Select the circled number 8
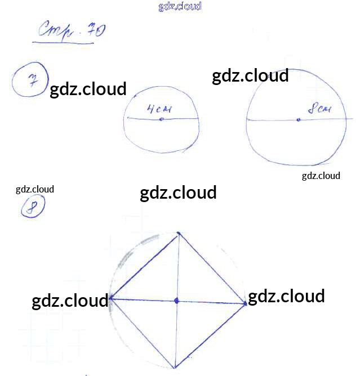pyautogui.click(x=33, y=207)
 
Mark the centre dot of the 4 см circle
pyautogui.click(x=162, y=119)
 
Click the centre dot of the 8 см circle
pyautogui.click(x=299, y=119)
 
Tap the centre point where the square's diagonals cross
pyautogui.click(x=176, y=301)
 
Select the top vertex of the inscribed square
pyautogui.click(x=179, y=233)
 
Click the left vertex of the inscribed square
pyautogui.click(x=110, y=298)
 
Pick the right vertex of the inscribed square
pyautogui.click(x=246, y=304)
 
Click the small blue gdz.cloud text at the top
pyautogui.click(x=180, y=7)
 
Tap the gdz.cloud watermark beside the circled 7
pyautogui.click(x=88, y=89)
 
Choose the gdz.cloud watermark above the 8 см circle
pyautogui.click(x=250, y=75)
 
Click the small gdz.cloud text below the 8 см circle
pyautogui.click(x=321, y=176)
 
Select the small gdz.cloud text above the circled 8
pyautogui.click(x=35, y=189)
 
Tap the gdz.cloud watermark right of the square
pyautogui.click(x=286, y=296)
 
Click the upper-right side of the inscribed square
pyautogui.click(x=212, y=268)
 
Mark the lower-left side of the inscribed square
pyautogui.click(x=143, y=334)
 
